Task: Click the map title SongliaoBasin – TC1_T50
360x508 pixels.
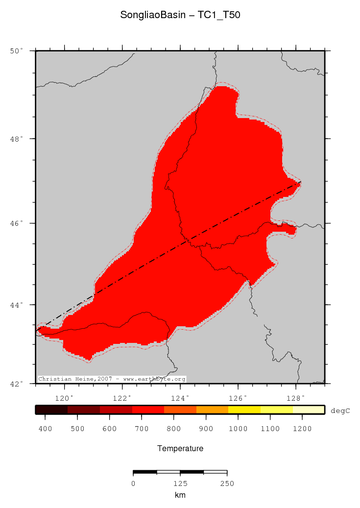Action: click(x=180, y=15)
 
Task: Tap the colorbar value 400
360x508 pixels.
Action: click(x=45, y=429)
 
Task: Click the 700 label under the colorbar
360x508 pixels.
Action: click(x=142, y=429)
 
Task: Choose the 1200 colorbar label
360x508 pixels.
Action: click(x=302, y=429)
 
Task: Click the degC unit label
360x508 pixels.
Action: click(x=340, y=411)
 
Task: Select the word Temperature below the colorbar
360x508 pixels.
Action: click(x=180, y=449)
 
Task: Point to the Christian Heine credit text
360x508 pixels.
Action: click(x=112, y=379)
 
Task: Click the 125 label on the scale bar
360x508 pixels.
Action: click(x=180, y=484)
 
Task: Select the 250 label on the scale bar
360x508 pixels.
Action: click(x=227, y=484)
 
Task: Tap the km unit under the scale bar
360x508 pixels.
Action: click(x=180, y=495)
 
